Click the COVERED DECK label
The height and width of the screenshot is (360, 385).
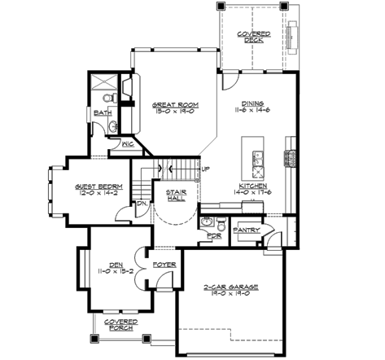pyautogui.click(x=249, y=37)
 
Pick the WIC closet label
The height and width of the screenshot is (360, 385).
pyautogui.click(x=128, y=143)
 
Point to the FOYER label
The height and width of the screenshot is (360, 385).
pyautogui.click(x=164, y=265)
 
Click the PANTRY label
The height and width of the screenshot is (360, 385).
pyautogui.click(x=246, y=230)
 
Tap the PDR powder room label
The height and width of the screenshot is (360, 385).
pyautogui.click(x=214, y=236)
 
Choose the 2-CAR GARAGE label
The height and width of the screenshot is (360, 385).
pyautogui.click(x=233, y=288)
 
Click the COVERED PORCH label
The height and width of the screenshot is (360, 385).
pyautogui.click(x=120, y=325)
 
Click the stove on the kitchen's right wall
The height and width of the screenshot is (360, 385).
pyautogui.click(x=288, y=158)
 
